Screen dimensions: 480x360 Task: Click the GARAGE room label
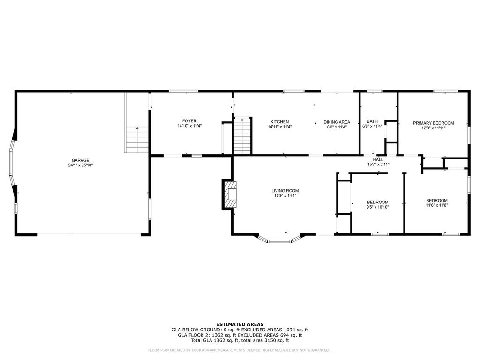point(81,160)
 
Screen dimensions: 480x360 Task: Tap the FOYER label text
point(189,121)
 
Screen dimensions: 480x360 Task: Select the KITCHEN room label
point(279,122)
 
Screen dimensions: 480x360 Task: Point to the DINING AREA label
point(337,122)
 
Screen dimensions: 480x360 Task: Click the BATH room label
point(372,121)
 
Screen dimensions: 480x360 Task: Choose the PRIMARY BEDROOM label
point(434,123)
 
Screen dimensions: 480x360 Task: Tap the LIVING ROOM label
point(285,191)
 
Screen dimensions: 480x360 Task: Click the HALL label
point(378,159)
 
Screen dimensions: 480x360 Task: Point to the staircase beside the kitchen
point(242,135)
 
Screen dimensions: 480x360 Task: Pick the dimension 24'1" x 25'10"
point(81,165)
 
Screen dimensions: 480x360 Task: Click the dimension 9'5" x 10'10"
point(378,207)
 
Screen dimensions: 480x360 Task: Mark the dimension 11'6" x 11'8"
point(437,205)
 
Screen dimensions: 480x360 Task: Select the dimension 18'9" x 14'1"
point(285,195)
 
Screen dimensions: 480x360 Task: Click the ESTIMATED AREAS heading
point(240,324)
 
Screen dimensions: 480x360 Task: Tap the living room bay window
point(279,239)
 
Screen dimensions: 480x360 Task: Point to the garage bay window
point(13,163)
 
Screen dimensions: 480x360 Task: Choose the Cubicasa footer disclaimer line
point(240,350)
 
